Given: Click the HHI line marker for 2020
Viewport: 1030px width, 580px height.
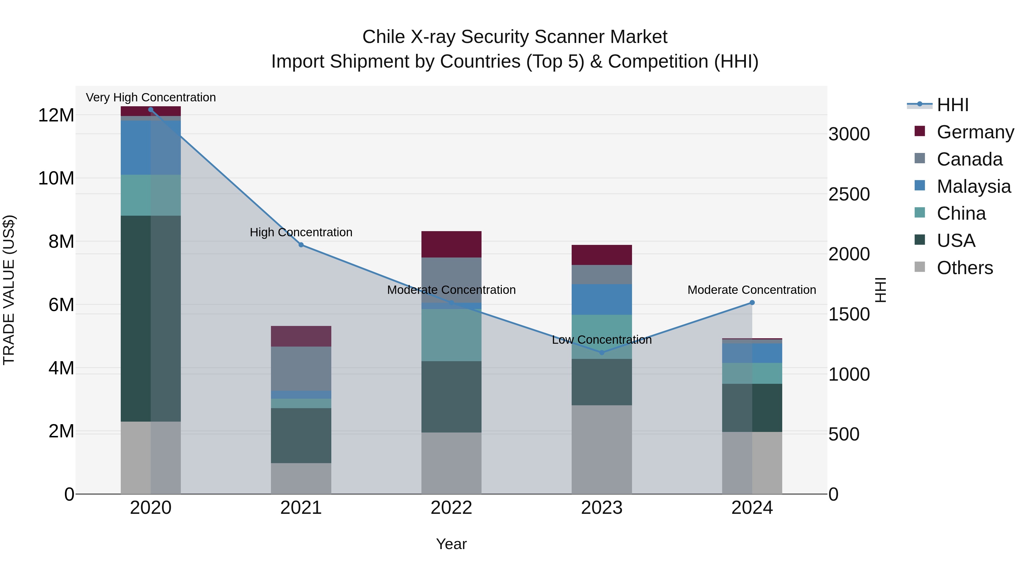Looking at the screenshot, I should coord(151,110).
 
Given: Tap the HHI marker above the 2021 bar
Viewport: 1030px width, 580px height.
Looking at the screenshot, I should coord(301,245).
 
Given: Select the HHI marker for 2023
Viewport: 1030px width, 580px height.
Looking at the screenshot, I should coord(602,353).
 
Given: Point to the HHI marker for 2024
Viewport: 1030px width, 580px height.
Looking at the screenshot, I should coord(752,303).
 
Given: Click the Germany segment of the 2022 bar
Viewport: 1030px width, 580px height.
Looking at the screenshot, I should coord(451,244).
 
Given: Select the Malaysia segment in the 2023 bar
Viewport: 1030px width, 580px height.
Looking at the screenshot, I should coord(602,299).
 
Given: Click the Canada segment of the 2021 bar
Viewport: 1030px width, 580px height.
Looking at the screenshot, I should coord(301,368).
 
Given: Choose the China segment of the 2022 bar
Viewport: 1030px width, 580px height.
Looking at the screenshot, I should coord(451,335).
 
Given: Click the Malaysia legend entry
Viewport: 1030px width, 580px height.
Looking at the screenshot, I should coord(974,186).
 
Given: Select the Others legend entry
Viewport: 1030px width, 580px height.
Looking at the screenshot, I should coord(964,268).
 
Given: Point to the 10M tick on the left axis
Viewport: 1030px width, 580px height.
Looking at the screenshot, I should coord(56,178).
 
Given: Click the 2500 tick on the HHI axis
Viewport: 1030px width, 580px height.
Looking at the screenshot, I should coord(849,194).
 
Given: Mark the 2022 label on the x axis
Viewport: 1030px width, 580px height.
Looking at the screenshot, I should coord(451,508).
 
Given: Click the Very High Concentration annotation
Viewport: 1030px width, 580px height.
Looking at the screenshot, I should coord(151,97).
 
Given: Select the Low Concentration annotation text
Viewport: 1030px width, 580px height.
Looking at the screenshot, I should coord(602,340).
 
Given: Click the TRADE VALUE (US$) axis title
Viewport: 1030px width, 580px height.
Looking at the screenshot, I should coord(9,290).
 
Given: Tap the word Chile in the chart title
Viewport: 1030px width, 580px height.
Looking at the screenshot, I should coord(383,37).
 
